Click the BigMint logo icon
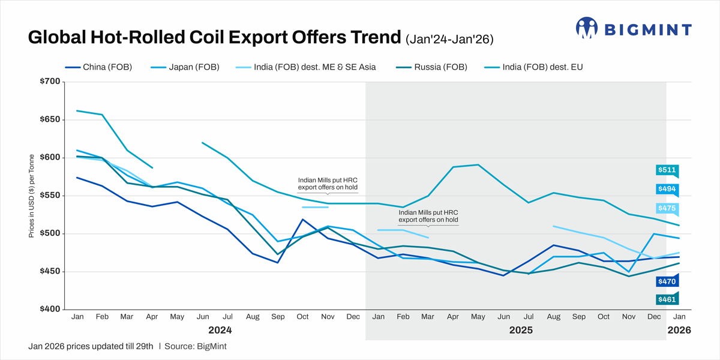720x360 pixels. point(587,28)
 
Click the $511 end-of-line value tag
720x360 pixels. point(667,170)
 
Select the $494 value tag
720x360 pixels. point(667,189)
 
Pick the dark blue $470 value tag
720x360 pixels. point(667,281)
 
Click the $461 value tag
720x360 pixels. point(667,299)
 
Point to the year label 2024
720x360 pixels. point(220,330)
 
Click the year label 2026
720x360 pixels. point(679,330)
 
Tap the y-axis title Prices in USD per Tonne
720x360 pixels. point(31,196)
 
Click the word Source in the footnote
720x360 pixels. point(179,346)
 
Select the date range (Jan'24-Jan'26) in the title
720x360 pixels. point(449,40)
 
